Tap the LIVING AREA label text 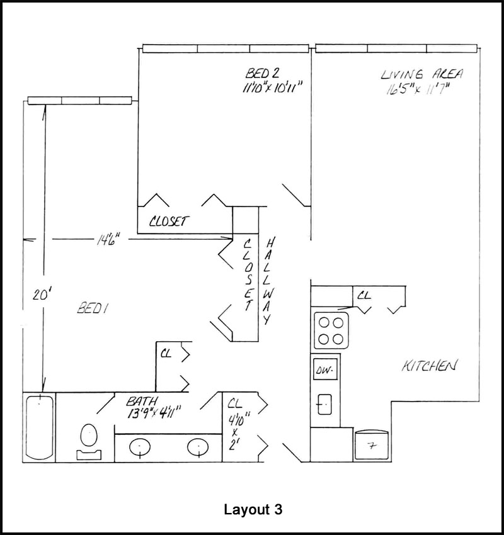click(421, 74)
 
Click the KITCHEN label click(429, 366)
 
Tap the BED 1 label click(93, 308)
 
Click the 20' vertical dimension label click(40, 295)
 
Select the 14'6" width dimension click(108, 239)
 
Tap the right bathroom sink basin click(197, 448)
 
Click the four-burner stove click(331, 330)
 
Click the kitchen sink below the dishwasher click(325, 403)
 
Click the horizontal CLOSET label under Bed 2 click(168, 222)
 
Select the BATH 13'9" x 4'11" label click(154, 407)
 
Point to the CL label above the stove click(364, 294)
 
